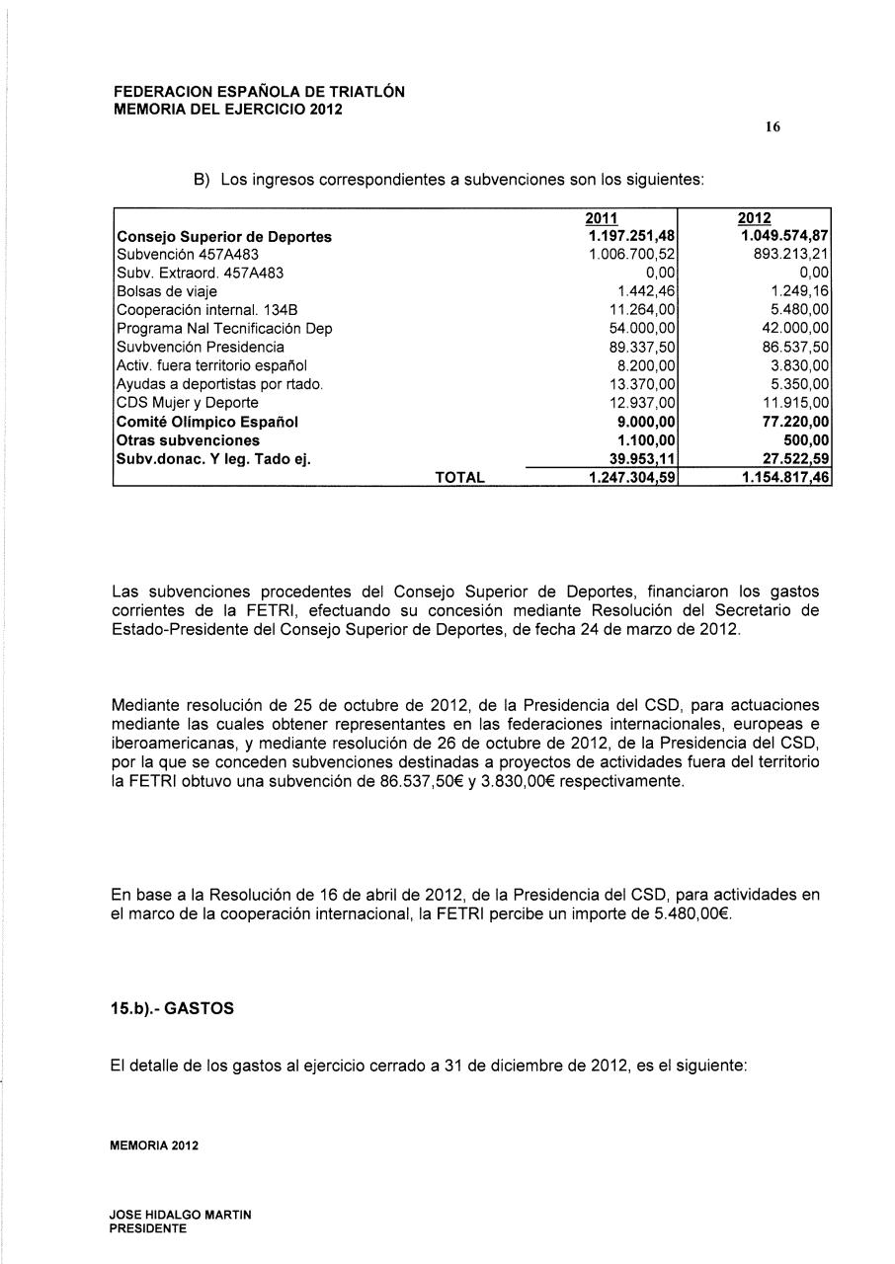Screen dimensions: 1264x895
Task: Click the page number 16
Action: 773,127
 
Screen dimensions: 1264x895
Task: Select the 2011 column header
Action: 602,218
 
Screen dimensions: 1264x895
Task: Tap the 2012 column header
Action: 755,218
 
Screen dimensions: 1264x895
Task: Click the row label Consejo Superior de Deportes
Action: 224,237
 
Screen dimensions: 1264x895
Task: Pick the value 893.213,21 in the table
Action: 790,255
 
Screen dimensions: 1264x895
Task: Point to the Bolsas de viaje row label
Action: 167,291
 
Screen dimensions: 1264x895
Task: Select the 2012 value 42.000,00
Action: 791,329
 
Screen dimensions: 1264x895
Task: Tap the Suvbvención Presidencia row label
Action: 201,347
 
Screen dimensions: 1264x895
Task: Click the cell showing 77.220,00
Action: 790,422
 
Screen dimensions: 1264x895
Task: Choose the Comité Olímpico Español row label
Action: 207,422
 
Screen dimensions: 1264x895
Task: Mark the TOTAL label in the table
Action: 460,478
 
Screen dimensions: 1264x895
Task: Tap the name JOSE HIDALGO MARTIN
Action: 182,1214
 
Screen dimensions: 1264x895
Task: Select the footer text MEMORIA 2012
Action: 155,1145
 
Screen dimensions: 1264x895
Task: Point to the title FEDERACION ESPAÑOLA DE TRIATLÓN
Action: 259,92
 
